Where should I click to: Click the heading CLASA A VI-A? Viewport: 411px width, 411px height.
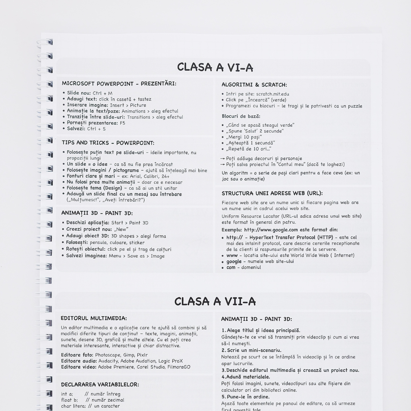tap(215, 67)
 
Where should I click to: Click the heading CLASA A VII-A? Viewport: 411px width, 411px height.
tap(215, 302)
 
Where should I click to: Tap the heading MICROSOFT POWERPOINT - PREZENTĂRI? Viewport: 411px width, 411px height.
tap(119, 83)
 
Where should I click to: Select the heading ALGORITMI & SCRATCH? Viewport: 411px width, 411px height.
tap(254, 85)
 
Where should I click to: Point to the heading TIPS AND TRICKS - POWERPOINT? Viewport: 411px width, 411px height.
tap(108, 143)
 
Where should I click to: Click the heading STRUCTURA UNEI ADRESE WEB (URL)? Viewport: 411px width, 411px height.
tap(272, 193)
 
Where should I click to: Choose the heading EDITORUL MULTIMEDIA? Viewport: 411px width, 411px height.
tap(94, 318)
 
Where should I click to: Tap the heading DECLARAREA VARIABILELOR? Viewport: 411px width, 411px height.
tap(100, 384)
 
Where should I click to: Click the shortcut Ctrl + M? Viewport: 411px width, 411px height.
tap(102, 93)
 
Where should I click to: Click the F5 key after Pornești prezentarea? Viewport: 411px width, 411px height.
tap(122, 123)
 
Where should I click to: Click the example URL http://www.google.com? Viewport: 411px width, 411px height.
tap(271, 230)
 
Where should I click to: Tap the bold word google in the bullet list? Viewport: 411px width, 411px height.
tap(234, 261)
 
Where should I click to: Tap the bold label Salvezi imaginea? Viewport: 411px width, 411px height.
tap(86, 256)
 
